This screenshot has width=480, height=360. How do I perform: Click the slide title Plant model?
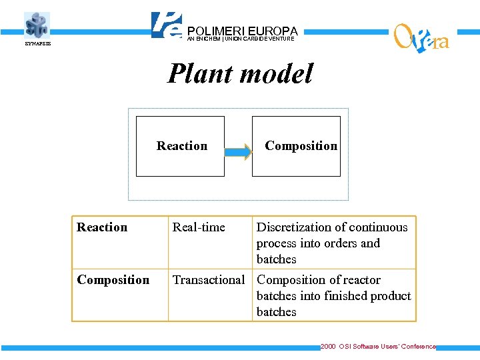tap(239, 73)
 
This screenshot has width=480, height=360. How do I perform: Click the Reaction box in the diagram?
tap(181, 146)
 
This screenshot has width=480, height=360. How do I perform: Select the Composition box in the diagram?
tap(297, 146)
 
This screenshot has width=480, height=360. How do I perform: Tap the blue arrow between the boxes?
tap(238, 152)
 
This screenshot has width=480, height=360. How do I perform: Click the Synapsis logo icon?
tap(37, 25)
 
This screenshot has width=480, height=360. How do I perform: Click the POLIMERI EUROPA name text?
tap(242, 31)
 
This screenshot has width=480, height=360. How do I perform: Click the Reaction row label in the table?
tap(102, 227)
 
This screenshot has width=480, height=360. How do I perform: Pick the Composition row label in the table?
tap(113, 280)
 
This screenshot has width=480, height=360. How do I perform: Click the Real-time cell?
tap(199, 227)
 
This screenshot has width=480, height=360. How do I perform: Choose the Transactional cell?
tap(209, 280)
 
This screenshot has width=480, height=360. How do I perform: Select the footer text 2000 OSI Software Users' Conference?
tap(378, 347)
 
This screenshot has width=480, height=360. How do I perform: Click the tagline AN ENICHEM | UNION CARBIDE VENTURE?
tap(241, 39)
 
